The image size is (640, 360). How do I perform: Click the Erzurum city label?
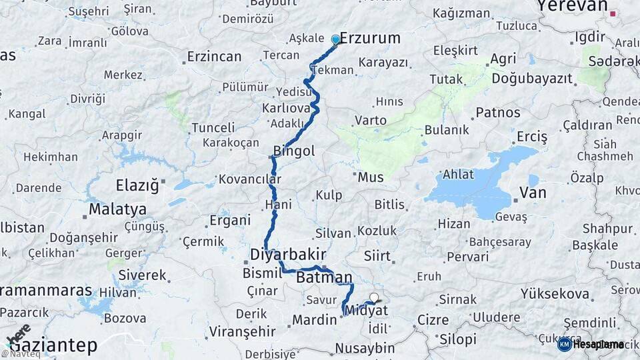click(370, 38)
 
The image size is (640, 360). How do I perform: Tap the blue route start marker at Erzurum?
click(335, 39)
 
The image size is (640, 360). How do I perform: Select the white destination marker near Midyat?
click(374, 298)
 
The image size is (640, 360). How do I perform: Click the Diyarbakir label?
click(288, 254)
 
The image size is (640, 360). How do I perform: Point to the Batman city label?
click(324, 277)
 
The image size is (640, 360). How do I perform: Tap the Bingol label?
click(294, 151)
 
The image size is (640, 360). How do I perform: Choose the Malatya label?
click(117, 209)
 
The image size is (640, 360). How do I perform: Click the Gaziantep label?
click(53, 345)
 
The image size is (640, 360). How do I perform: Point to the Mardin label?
click(314, 320)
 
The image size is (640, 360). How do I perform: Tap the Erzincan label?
click(214, 57)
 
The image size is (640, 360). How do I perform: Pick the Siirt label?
click(377, 255)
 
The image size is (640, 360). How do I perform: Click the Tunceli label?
click(213, 127)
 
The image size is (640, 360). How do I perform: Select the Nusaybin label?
click(364, 348)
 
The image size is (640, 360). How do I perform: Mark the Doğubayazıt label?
click(532, 79)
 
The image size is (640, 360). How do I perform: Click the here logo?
click(19, 334)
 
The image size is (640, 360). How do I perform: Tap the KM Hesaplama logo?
click(591, 344)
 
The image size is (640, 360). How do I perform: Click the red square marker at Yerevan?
click(613, 13)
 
